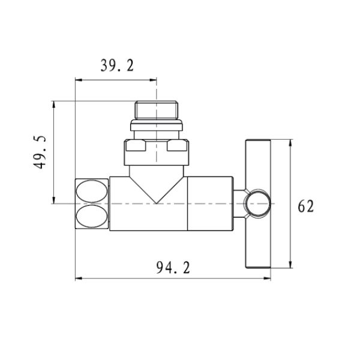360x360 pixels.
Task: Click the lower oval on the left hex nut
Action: pyautogui.click(x=92, y=216)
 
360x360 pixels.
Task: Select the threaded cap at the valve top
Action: pyautogui.click(x=157, y=110)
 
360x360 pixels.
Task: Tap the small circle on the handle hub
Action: pyautogui.click(x=258, y=203)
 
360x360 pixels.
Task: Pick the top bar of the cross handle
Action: pyautogui.click(x=259, y=144)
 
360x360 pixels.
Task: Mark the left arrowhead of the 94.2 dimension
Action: pyautogui.click(x=77, y=278)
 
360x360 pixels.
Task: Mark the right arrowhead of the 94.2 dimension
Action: pyautogui.click(x=271, y=278)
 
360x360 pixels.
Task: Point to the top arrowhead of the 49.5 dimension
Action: pyautogui.click(x=54, y=103)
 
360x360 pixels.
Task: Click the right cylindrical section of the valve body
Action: pyautogui.click(x=211, y=204)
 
